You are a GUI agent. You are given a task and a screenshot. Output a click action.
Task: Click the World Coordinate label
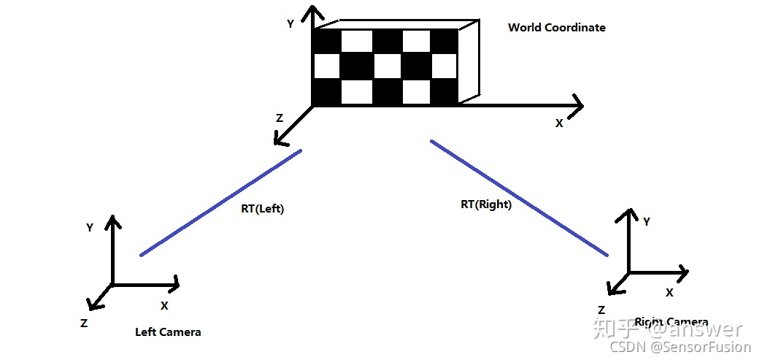[556, 28]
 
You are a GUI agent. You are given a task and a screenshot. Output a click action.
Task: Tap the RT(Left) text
[262, 209]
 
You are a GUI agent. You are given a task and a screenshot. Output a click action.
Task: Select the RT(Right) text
[486, 204]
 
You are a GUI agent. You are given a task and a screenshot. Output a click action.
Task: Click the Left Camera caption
[168, 332]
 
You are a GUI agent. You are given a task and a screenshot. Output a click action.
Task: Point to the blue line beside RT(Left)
[220, 203]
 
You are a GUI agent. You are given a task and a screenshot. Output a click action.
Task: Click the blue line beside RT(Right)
[519, 198]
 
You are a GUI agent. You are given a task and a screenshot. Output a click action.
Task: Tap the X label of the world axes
[559, 123]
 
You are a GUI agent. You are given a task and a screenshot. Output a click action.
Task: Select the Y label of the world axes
[290, 24]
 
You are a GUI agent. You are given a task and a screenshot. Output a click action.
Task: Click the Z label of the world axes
[279, 118]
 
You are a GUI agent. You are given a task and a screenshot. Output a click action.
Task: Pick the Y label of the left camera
[89, 228]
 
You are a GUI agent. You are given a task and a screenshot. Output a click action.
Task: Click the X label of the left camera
[164, 305]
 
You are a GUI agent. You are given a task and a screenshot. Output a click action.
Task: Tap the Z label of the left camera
[85, 322]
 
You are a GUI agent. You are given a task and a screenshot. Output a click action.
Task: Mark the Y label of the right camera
[647, 221]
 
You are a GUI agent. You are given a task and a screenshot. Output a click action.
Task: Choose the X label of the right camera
[669, 292]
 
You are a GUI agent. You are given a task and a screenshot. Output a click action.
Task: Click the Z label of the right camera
[601, 310]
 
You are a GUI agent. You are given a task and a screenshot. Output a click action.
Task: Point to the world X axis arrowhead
[577, 104]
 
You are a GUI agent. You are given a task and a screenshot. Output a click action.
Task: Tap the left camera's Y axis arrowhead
[112, 221]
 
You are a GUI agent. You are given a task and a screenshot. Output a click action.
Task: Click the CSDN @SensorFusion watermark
[680, 348]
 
